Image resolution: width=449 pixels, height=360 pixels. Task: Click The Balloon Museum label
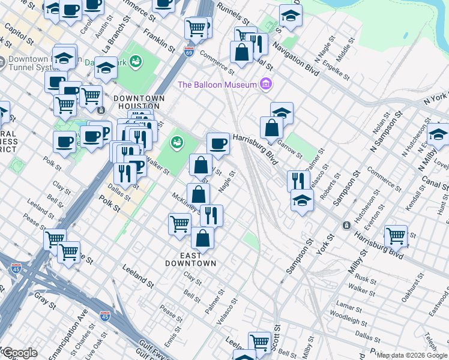point(217,85)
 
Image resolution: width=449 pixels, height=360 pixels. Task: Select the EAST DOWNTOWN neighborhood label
point(191,259)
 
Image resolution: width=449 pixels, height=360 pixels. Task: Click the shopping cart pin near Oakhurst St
point(396,236)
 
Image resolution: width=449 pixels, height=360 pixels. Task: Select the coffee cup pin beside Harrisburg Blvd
point(218,143)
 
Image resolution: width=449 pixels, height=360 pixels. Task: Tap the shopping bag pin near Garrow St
point(271,127)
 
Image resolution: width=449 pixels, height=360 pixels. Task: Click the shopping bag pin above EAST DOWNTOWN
point(202,237)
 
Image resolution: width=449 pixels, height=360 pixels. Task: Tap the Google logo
point(19,353)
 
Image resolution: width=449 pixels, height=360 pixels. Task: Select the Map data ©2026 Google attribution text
point(412,355)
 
